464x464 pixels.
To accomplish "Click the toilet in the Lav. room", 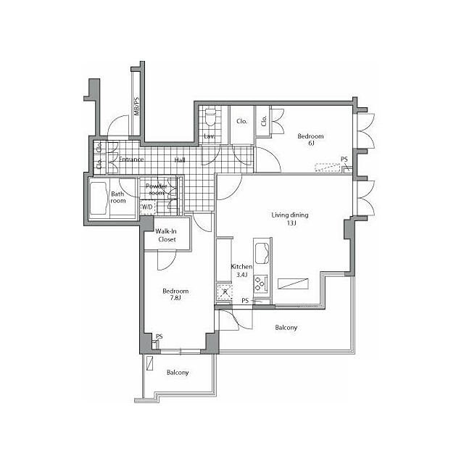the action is [210, 117].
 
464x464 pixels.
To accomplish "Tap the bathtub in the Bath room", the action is [98, 198].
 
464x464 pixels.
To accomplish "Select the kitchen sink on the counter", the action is [262, 253].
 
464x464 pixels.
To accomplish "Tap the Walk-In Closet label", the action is [166, 235].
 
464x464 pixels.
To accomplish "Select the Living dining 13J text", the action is [290, 219].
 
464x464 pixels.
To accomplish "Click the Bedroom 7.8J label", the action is [175, 294].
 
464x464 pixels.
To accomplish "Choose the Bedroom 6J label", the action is [311, 140].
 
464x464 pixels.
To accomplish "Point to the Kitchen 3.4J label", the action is [241, 270].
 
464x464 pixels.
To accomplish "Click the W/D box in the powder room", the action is [147, 207].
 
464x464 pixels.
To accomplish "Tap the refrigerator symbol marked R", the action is [224, 292].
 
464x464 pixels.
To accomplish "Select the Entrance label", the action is [131, 159].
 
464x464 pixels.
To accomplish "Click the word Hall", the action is [180, 160].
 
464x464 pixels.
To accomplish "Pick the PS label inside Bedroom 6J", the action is [344, 159].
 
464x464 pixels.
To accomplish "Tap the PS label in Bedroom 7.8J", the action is [159, 336].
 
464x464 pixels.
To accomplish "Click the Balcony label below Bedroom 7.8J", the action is [178, 373].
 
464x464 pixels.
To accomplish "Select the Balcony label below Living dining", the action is [286, 328].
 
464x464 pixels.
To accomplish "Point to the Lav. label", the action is [210, 136].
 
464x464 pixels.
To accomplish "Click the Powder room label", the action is [157, 189].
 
